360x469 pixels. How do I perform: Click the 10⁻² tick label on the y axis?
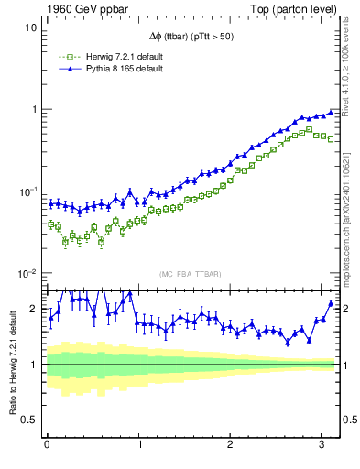click(x=28, y=274)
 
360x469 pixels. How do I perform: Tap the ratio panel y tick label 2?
click(x=35, y=309)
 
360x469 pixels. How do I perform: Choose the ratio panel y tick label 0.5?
click(x=31, y=420)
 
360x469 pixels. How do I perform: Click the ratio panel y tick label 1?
click(x=35, y=365)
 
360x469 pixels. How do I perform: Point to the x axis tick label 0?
click(x=47, y=446)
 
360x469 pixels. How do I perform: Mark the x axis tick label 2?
click(x=231, y=446)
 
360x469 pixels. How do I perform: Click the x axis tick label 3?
click(x=322, y=446)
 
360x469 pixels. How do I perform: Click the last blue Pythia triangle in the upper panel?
click(x=332, y=112)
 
